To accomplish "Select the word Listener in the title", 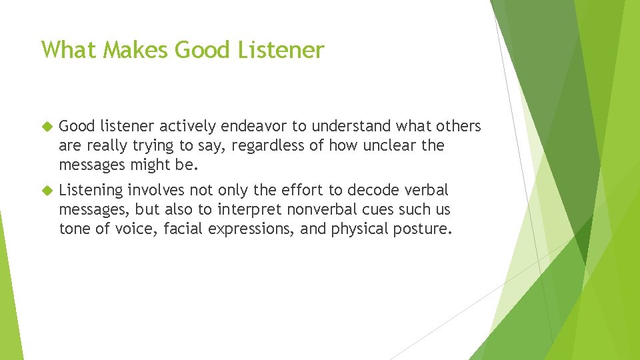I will [x=283, y=50].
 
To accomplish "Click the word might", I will [x=144, y=165].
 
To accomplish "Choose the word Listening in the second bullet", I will [x=91, y=191].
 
